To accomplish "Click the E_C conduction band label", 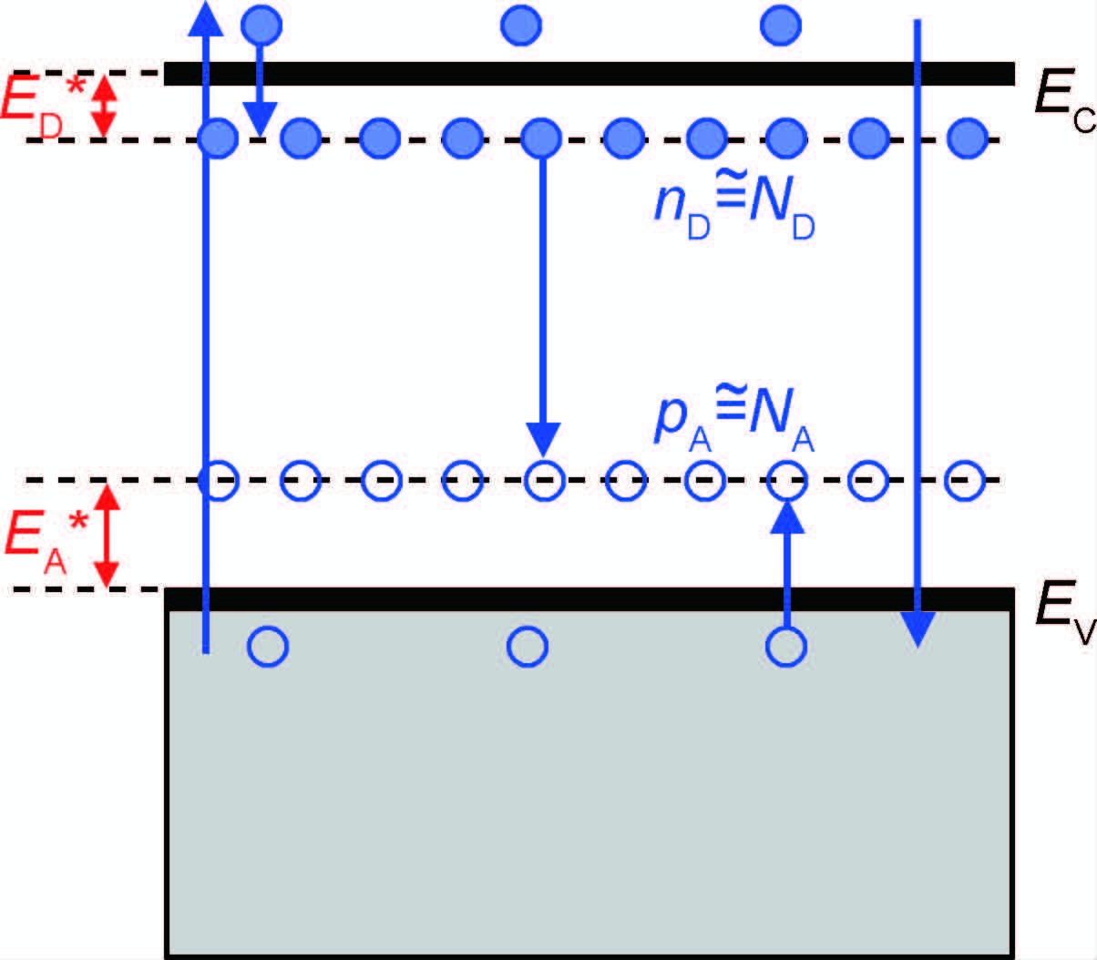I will pyautogui.click(x=1062, y=95).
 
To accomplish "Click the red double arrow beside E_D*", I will pyautogui.click(x=107, y=106).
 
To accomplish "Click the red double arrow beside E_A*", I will pyautogui.click(x=108, y=535).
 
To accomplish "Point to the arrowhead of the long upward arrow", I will pyautogui.click(x=205, y=18).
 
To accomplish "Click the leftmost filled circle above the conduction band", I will pyautogui.click(x=261, y=26).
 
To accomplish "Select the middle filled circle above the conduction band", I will pyautogui.click(x=522, y=26).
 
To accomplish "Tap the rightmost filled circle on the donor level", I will pyautogui.click(x=968, y=138).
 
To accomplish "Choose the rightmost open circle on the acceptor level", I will pyautogui.click(x=966, y=480).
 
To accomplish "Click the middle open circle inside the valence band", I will pyautogui.click(x=528, y=647).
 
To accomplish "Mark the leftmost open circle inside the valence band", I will pyautogui.click(x=268, y=647).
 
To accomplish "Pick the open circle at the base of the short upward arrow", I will pyautogui.click(x=786, y=647).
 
